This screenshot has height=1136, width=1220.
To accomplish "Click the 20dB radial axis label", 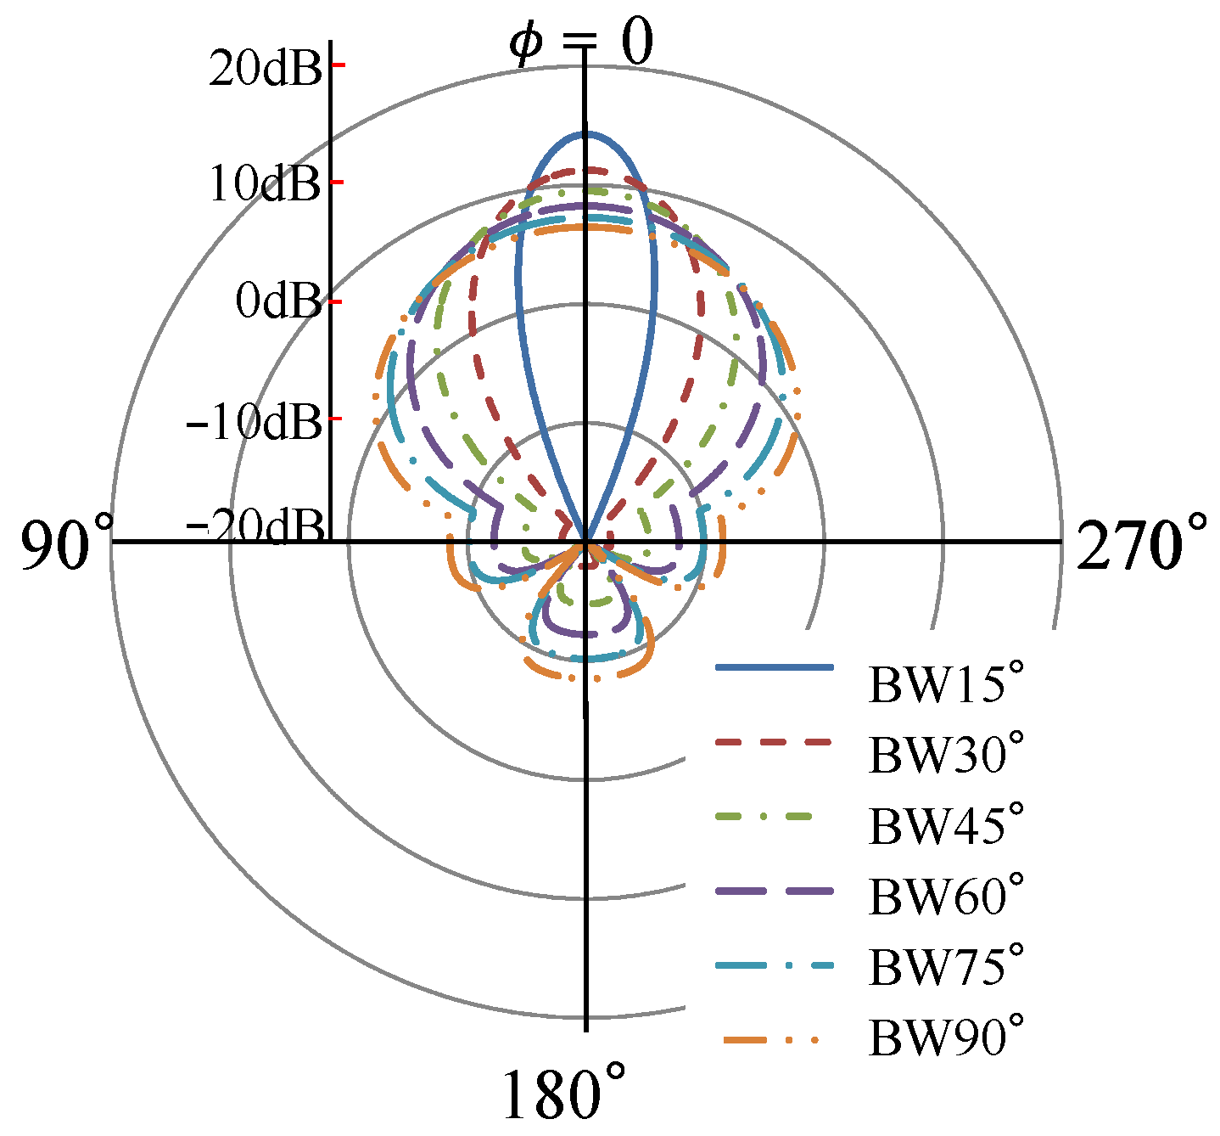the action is point(265,68).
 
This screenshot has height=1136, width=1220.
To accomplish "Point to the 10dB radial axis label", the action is point(265,183).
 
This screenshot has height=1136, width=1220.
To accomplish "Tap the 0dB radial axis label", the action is point(278,301).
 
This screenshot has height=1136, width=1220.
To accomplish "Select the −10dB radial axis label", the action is point(254,422).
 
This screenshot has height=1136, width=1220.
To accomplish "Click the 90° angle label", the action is point(68,541).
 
